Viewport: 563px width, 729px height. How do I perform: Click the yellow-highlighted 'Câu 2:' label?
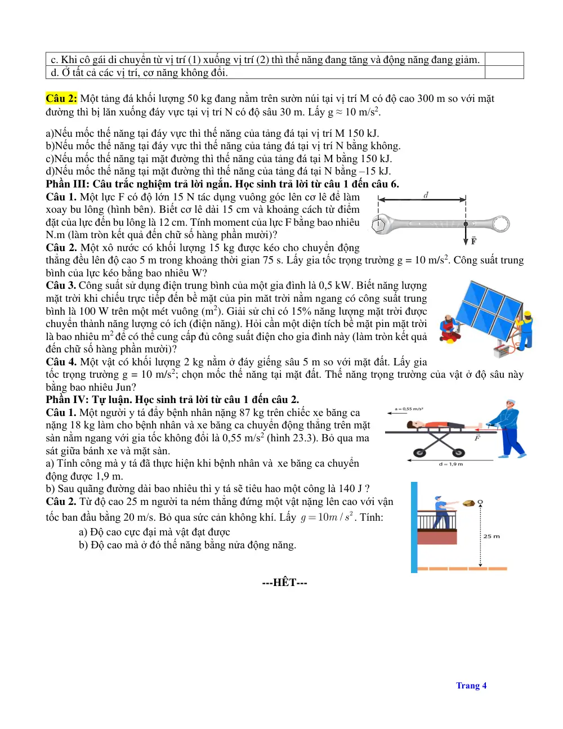[61, 99]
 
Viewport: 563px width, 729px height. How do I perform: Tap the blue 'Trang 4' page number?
[471, 685]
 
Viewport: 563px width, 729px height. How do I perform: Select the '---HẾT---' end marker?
[284, 582]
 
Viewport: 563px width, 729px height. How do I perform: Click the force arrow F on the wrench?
[466, 234]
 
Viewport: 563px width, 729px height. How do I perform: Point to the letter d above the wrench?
[426, 195]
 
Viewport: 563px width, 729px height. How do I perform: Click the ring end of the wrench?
[501, 223]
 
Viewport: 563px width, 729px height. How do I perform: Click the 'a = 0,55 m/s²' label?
[409, 409]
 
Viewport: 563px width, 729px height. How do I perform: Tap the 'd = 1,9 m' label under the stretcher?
[450, 464]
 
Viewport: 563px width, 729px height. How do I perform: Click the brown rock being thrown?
[469, 503]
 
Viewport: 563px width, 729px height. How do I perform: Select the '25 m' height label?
[491, 536]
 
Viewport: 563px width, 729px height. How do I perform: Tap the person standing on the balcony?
[442, 512]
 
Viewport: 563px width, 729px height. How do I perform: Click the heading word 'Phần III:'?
[68, 184]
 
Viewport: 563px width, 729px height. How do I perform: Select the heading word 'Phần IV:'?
[68, 400]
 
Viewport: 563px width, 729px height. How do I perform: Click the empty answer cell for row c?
[504, 59]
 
